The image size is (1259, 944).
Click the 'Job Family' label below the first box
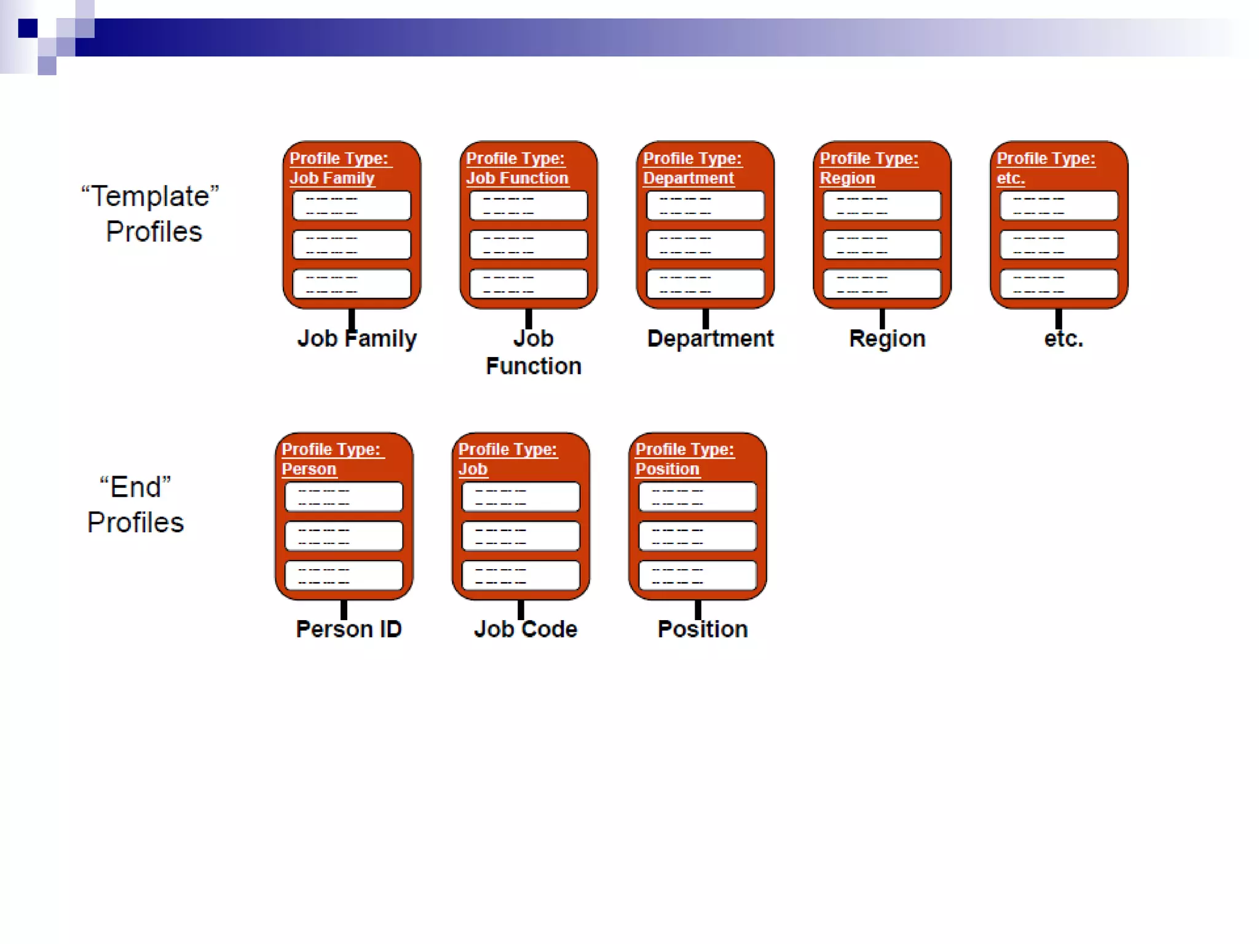click(357, 339)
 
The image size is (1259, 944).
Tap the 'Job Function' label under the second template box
click(533, 352)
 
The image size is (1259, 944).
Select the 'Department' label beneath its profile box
click(710, 339)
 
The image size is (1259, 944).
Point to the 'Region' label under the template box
click(886, 339)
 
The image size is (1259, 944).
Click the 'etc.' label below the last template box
click(1063, 339)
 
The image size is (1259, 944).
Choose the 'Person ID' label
click(349, 629)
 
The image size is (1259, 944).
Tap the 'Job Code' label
click(526, 629)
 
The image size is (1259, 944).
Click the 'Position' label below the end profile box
click(702, 629)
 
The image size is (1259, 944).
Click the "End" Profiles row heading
click(135, 505)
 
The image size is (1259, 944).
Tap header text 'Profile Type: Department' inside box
click(692, 168)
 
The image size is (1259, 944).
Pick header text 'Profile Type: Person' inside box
click(330, 458)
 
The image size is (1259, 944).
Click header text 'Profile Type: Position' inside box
click(684, 458)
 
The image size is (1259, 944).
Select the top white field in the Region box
click(882, 205)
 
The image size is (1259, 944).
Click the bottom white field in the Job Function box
click(528, 284)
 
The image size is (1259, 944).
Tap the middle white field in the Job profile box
click(520, 536)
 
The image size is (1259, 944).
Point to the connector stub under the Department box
click(705, 318)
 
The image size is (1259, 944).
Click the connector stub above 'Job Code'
click(521, 610)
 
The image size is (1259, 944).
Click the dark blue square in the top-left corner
click(28, 28)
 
